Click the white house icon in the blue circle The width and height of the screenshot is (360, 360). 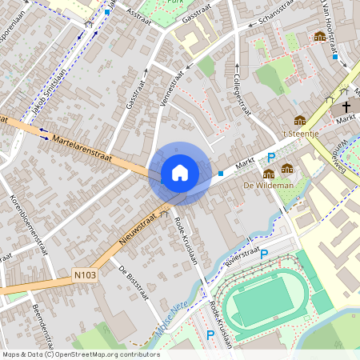tap(180, 172)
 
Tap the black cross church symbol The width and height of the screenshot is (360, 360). tap(346, 106)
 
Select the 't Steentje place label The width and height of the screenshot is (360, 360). tap(301, 133)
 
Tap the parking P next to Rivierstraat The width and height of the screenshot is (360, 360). tap(264, 254)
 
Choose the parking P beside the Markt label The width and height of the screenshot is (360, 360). tap(271, 158)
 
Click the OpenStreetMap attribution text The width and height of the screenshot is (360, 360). tap(80, 354)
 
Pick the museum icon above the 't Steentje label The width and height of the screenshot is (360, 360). tap(300, 120)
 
